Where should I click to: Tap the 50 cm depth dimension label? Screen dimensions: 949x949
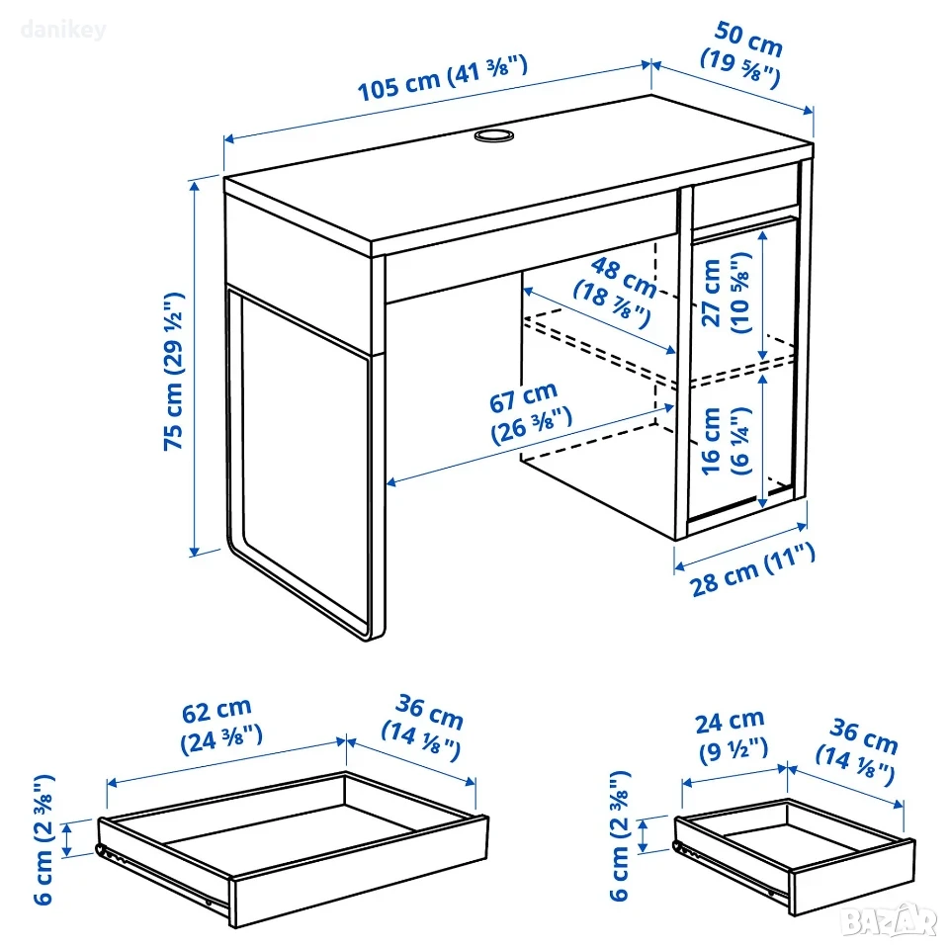(x=742, y=54)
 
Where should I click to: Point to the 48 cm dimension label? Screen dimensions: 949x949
(x=614, y=291)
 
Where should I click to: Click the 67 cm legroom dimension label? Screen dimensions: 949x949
(x=530, y=413)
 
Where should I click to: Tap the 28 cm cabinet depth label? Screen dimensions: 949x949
(x=752, y=569)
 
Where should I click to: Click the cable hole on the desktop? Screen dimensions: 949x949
(x=494, y=134)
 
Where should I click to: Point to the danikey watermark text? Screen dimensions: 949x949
(x=63, y=29)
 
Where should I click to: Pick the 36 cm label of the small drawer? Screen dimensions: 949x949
(x=857, y=751)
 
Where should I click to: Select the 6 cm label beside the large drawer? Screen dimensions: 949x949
(x=43, y=839)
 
